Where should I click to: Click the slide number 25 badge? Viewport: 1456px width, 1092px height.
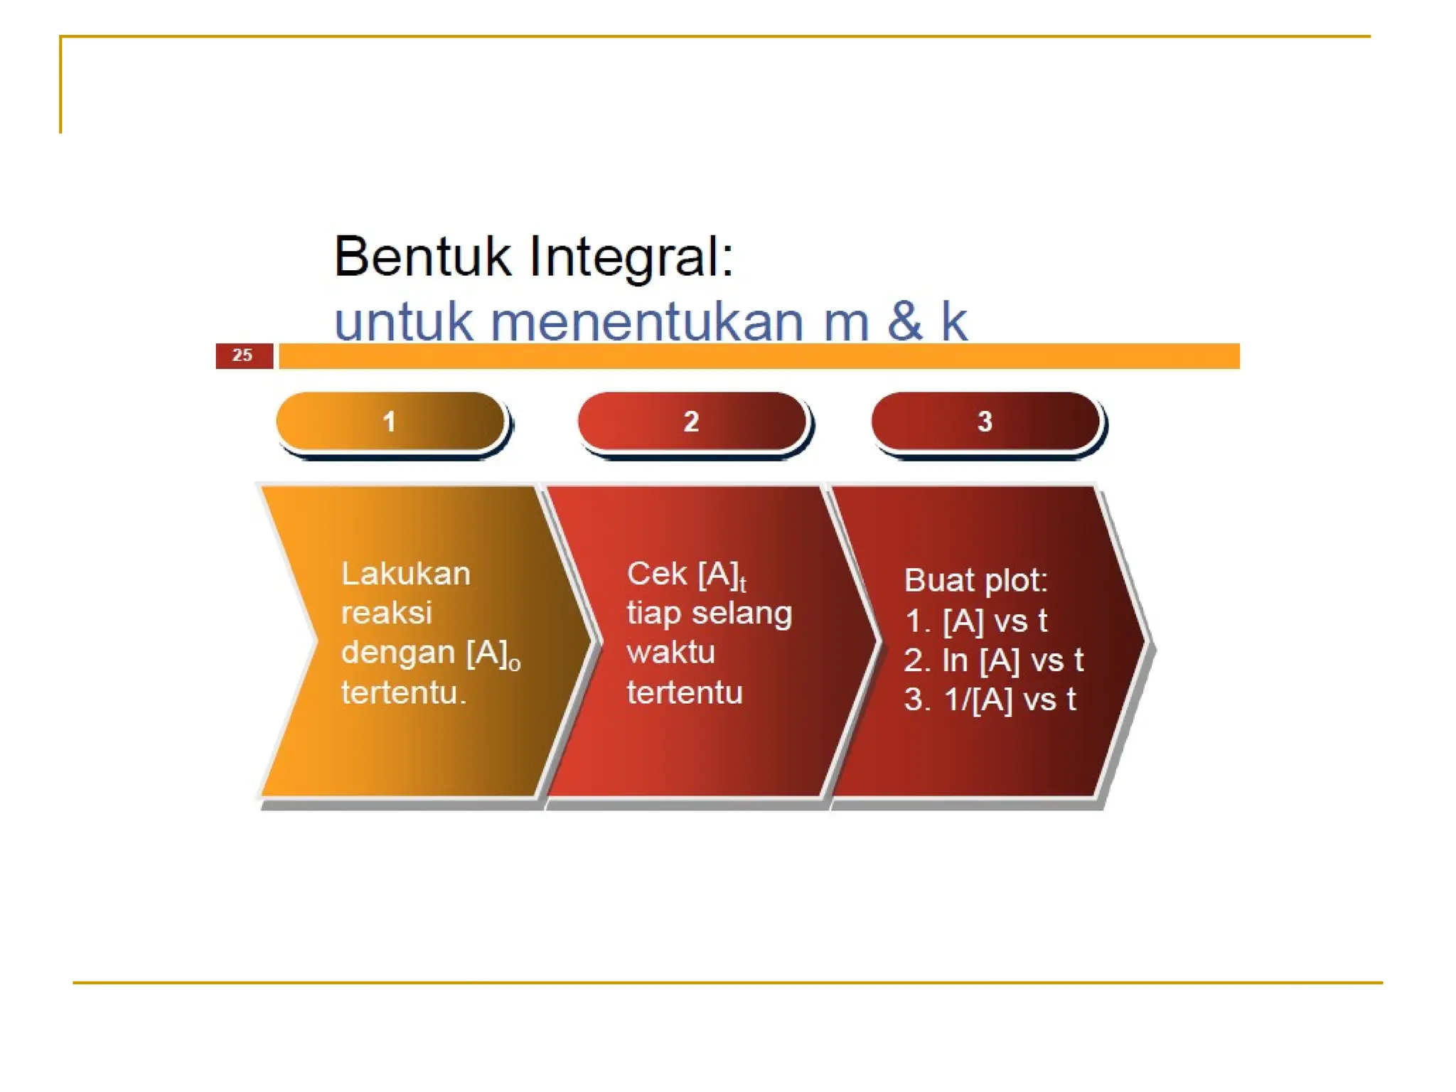pyautogui.click(x=244, y=355)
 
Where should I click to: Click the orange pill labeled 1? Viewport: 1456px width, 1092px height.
pyautogui.click(x=390, y=422)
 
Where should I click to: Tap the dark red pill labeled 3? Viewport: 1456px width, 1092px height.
pyautogui.click(x=985, y=422)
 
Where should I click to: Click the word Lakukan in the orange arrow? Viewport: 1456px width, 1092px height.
pyautogui.click(x=405, y=574)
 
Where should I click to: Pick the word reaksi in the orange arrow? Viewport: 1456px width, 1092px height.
pyautogui.click(x=386, y=613)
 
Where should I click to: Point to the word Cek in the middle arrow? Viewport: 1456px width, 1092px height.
pyautogui.click(x=657, y=574)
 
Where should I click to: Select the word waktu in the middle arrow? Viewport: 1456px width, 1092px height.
pyautogui.click(x=670, y=653)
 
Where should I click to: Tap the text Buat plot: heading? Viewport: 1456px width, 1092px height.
pyautogui.click(x=975, y=581)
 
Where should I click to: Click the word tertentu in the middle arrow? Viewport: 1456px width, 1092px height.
pyautogui.click(x=685, y=692)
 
